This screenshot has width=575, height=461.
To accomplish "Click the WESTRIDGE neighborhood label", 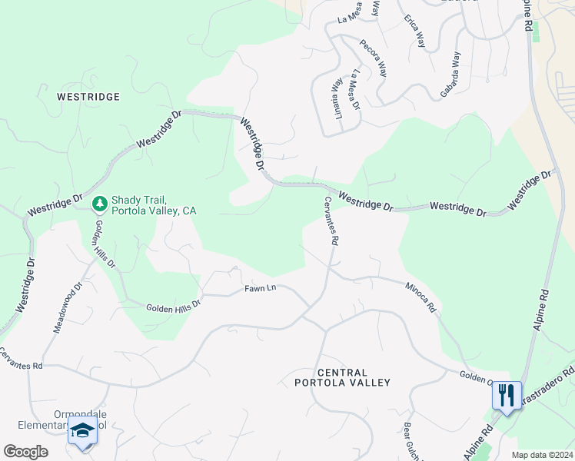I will pyautogui.click(x=88, y=97).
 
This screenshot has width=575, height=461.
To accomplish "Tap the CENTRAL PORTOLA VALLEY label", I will pyautogui.click(x=343, y=377).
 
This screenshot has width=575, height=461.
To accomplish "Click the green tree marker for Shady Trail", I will pyautogui.click(x=99, y=204).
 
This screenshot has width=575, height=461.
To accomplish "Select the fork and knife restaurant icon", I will pyautogui.click(x=506, y=396).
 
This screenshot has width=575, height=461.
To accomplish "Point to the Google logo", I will pyautogui.click(x=25, y=452).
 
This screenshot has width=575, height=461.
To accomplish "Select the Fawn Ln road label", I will pyautogui.click(x=260, y=288).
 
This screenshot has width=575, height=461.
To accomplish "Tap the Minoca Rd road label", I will pyautogui.click(x=420, y=296).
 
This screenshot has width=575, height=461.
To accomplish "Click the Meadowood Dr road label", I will pyautogui.click(x=66, y=307).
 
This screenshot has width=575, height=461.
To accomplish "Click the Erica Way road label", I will pyautogui.click(x=414, y=31).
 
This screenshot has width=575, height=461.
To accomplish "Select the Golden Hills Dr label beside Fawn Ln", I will pyautogui.click(x=173, y=305).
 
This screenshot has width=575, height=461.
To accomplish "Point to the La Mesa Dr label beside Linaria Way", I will pyautogui.click(x=354, y=91).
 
